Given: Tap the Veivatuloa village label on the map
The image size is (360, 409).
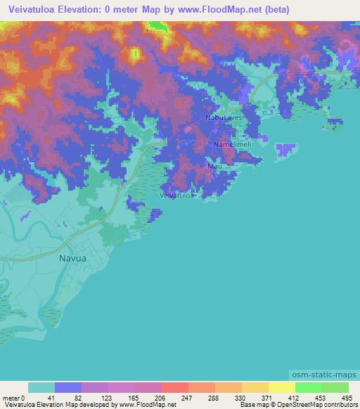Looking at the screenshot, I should [177, 196].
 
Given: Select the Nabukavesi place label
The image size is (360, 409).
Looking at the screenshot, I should [224, 117].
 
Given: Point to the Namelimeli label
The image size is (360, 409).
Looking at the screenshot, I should [233, 143].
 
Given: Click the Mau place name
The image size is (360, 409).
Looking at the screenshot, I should [214, 167].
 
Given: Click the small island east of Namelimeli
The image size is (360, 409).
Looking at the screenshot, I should [285, 150].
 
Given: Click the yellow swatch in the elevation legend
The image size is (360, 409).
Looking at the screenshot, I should [281, 388].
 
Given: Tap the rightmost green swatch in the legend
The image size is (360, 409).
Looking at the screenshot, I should [335, 388].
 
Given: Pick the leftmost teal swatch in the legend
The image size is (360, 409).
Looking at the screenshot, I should [41, 388].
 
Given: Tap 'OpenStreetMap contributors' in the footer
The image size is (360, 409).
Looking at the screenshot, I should [321, 405].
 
